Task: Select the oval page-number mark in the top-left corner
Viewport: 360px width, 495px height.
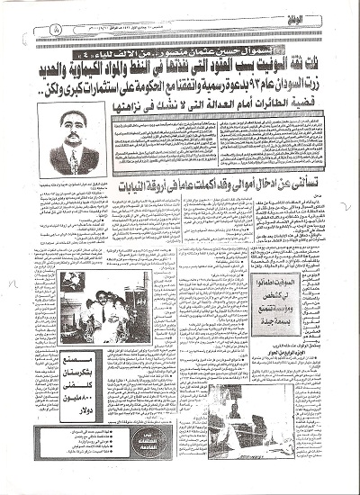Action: tap(48, 30)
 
